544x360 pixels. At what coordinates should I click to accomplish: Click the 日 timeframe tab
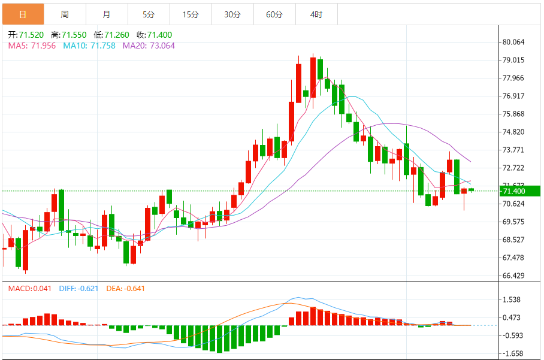(23, 14)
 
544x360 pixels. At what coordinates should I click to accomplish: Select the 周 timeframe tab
(65, 14)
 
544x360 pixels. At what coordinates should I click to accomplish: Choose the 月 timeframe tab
(107, 14)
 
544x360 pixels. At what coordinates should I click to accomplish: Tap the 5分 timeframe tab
(149, 14)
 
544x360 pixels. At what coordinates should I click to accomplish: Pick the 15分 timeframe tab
(191, 14)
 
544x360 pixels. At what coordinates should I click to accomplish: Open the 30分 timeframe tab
(232, 14)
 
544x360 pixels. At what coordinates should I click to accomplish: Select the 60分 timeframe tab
(274, 14)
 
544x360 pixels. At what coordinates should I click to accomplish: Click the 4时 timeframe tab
(316, 14)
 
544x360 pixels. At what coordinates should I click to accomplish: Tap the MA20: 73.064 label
(149, 46)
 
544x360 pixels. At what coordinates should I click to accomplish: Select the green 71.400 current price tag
(519, 191)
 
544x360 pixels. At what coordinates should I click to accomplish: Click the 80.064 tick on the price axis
(514, 42)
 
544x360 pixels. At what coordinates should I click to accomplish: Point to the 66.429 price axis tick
(514, 276)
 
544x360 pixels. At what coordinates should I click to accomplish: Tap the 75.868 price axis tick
(514, 114)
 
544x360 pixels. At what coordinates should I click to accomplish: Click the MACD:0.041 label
(31, 289)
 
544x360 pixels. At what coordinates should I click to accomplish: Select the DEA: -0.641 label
(125, 289)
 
